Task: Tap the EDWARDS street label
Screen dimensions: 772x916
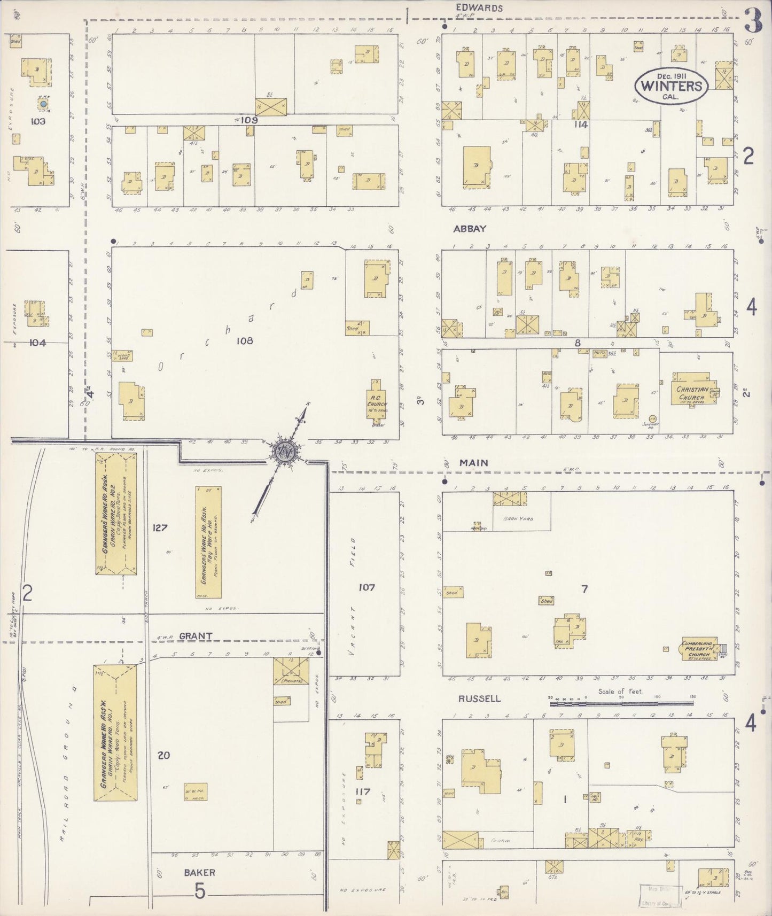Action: click(x=479, y=8)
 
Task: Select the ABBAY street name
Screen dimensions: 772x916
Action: click(x=470, y=229)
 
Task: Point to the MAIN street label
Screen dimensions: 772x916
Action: click(x=473, y=463)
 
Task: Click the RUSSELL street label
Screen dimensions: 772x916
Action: click(x=479, y=698)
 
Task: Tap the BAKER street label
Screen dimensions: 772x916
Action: click(x=199, y=872)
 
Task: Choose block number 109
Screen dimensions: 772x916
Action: click(x=249, y=120)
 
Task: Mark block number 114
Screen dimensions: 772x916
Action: click(x=581, y=125)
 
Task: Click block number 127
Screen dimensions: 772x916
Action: click(x=160, y=527)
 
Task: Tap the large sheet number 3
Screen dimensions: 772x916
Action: click(x=754, y=21)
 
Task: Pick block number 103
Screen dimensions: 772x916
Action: click(x=38, y=121)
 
